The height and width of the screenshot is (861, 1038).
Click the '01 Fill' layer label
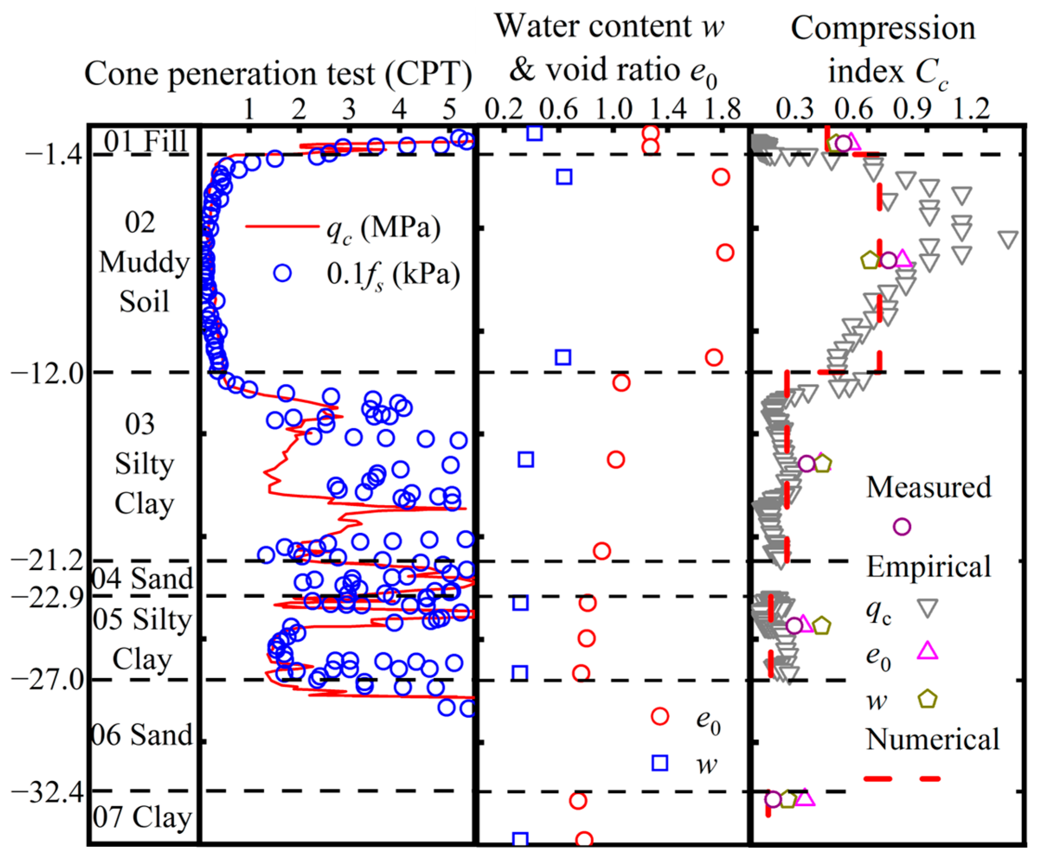(x=145, y=141)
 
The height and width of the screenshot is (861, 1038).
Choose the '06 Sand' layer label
(x=142, y=736)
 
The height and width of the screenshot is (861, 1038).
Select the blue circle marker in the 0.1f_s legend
(x=283, y=273)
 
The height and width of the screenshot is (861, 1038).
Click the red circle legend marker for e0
(x=660, y=716)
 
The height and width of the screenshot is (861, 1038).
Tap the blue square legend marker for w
(x=660, y=763)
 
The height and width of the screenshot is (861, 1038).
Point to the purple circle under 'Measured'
(x=902, y=527)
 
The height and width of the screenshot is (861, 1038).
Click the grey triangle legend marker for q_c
(x=927, y=608)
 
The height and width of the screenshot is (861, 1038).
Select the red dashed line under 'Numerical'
(x=903, y=779)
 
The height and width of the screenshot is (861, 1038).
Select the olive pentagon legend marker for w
(x=927, y=699)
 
